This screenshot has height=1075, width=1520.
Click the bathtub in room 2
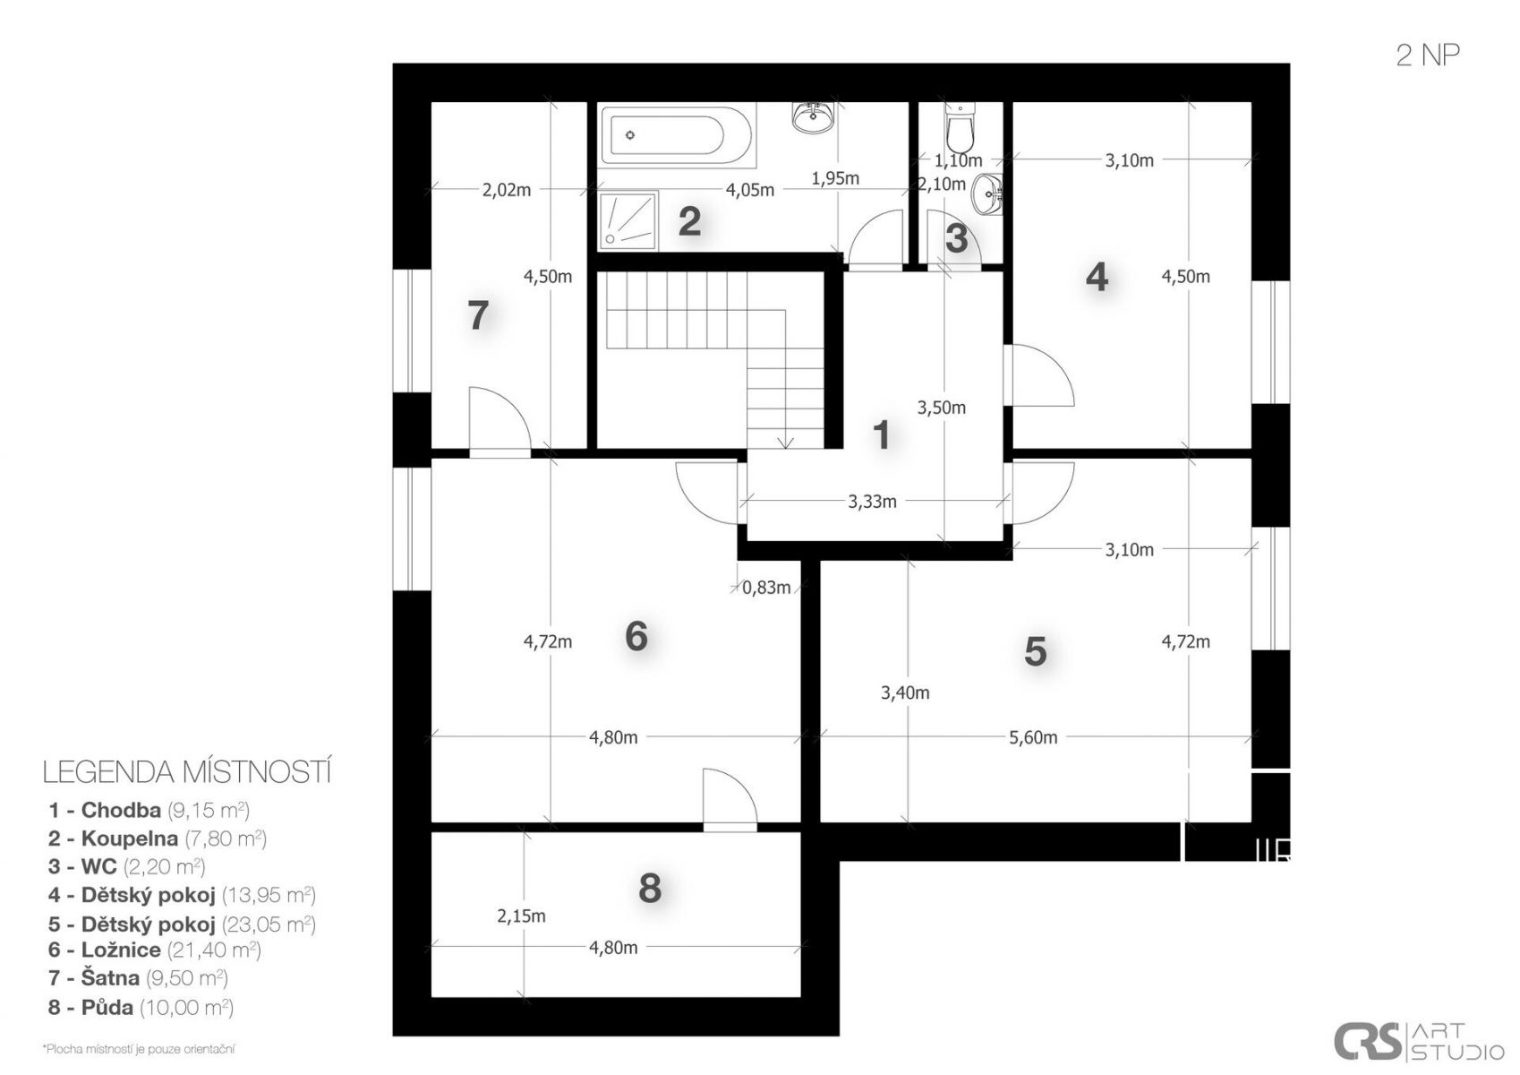(677, 135)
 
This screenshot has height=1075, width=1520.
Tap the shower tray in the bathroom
(628, 220)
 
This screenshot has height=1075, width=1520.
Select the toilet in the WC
(960, 128)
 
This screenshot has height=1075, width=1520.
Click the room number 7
(478, 315)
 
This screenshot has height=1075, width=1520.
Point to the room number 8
(650, 888)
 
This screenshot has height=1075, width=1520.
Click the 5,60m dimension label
(1033, 737)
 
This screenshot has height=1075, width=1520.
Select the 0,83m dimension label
(766, 588)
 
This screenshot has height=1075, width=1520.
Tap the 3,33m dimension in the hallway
(872, 502)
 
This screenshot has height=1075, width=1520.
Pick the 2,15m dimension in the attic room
(521, 916)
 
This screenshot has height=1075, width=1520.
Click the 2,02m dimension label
(506, 190)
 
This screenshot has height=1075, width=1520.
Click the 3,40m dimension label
(905, 692)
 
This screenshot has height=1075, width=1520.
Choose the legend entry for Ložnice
(154, 950)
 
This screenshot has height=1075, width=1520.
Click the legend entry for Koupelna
(157, 838)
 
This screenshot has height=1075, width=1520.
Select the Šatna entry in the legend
(138, 978)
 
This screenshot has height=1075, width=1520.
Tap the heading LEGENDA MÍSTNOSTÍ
(187, 773)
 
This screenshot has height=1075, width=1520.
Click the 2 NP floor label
(1428, 55)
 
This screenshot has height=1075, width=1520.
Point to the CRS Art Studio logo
(1419, 1041)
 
